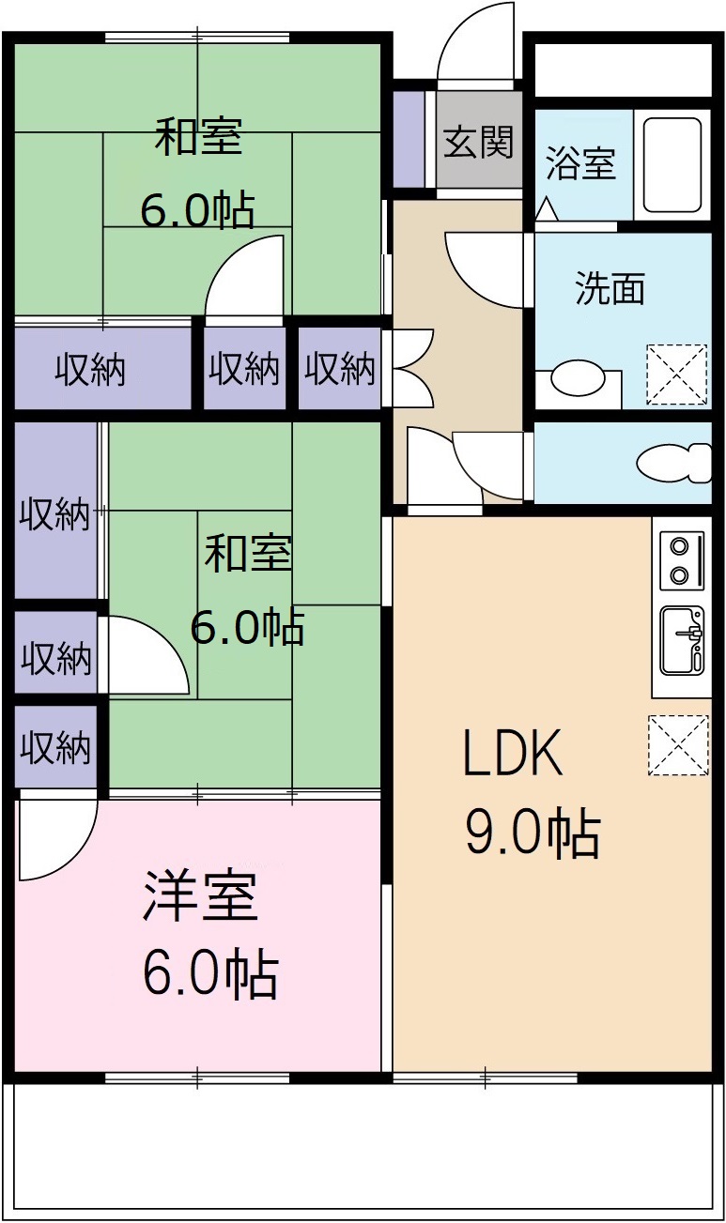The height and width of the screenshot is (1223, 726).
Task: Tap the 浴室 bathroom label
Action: (581, 163)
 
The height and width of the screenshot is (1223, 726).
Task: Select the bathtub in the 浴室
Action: (672, 165)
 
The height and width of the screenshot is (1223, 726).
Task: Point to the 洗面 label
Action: (610, 288)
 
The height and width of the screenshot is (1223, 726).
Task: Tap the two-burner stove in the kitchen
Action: (682, 560)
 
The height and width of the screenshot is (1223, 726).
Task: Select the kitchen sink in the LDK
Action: (682, 640)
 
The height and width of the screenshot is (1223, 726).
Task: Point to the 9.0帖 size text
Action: (533, 833)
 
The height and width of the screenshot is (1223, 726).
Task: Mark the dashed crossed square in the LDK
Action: (677, 745)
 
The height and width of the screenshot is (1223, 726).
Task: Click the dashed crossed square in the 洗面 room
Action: (676, 375)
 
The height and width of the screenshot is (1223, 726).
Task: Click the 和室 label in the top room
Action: (198, 136)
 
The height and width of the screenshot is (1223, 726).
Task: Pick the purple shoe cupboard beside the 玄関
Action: (408, 139)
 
